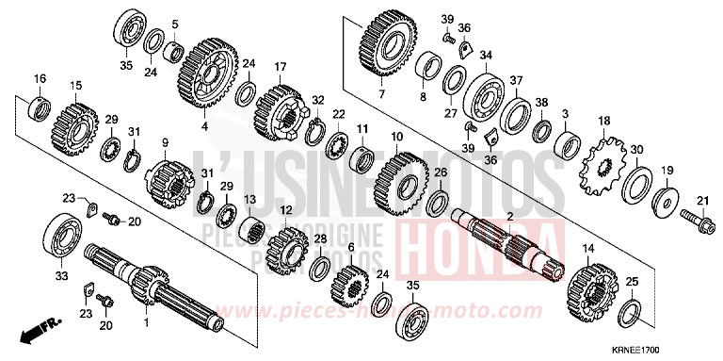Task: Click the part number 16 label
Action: click(x=40, y=77)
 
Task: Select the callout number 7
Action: click(x=381, y=94)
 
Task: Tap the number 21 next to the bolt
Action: click(x=700, y=200)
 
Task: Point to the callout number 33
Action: click(x=61, y=276)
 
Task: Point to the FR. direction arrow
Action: click(x=35, y=329)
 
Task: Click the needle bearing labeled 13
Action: click(x=250, y=230)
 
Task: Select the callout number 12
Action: click(x=285, y=210)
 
